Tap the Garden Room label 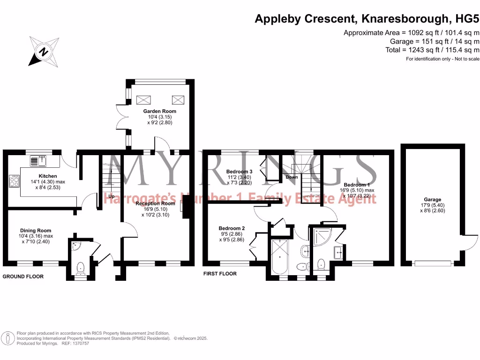click(160, 111)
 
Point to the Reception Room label click(155, 203)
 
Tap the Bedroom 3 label click(239, 171)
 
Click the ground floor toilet click(80, 268)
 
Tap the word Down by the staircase click(292, 178)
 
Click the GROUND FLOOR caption click(23, 277)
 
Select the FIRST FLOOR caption click(220, 274)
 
